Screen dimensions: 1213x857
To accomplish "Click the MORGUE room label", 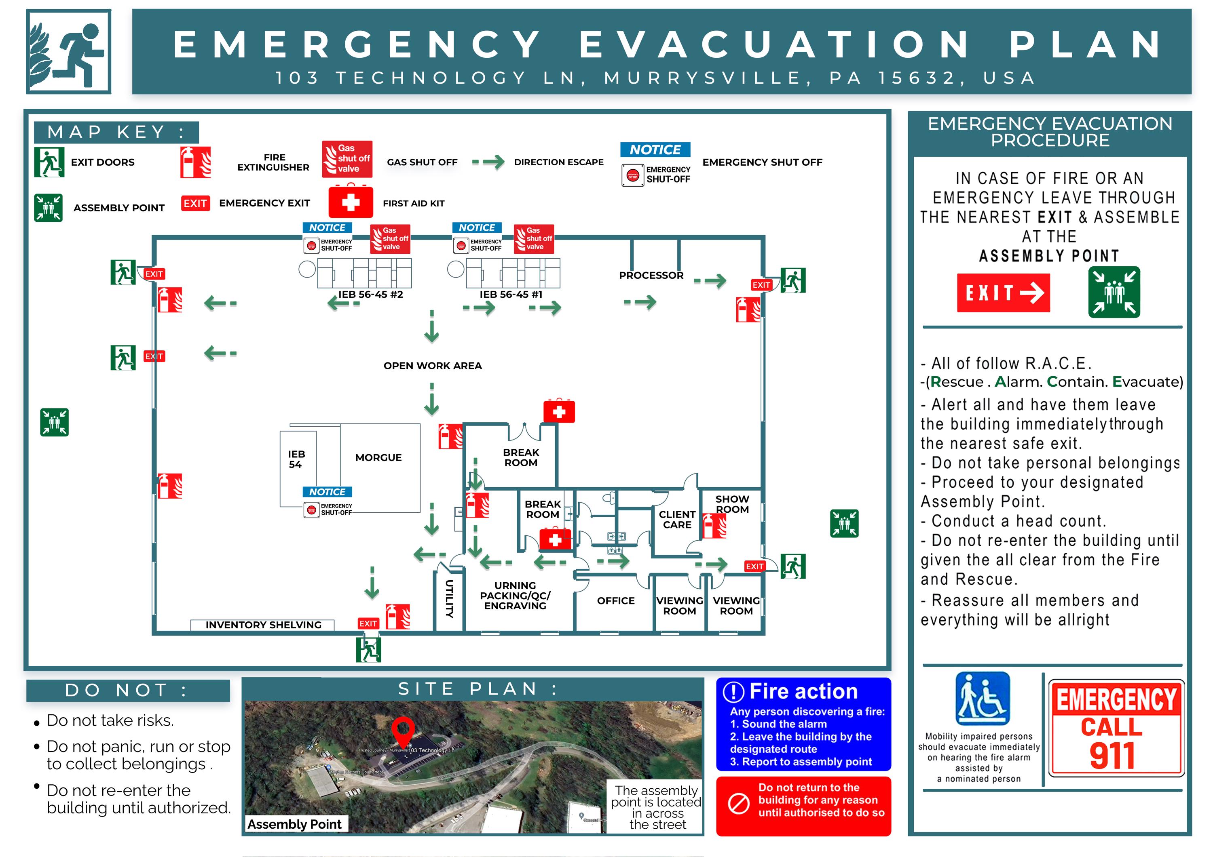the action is click(x=378, y=457).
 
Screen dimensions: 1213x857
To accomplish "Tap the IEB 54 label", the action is click(x=296, y=459).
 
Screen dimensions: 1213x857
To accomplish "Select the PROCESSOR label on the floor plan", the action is click(x=651, y=275).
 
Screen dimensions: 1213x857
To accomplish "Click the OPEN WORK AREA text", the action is click(x=432, y=365).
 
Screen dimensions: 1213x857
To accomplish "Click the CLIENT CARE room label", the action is click(x=677, y=519).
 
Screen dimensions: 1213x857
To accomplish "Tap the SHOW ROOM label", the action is click(x=732, y=504).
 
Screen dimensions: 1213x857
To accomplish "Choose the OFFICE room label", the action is click(x=615, y=600).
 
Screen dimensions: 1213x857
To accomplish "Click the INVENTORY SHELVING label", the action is click(x=263, y=625).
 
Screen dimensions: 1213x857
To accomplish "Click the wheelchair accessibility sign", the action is click(x=982, y=699).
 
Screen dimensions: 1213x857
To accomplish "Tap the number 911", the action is click(x=1112, y=756).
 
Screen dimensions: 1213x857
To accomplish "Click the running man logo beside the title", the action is click(x=69, y=52).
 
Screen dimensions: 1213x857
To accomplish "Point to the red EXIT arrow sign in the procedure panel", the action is click(x=1003, y=293).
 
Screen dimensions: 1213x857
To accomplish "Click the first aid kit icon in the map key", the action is click(x=351, y=201).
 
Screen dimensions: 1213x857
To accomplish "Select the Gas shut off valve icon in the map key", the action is click(x=347, y=158).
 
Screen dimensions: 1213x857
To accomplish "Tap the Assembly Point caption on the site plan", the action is click(x=294, y=824).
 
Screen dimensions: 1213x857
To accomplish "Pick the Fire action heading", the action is click(x=803, y=691).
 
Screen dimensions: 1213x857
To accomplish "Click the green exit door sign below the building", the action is click(x=368, y=649).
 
